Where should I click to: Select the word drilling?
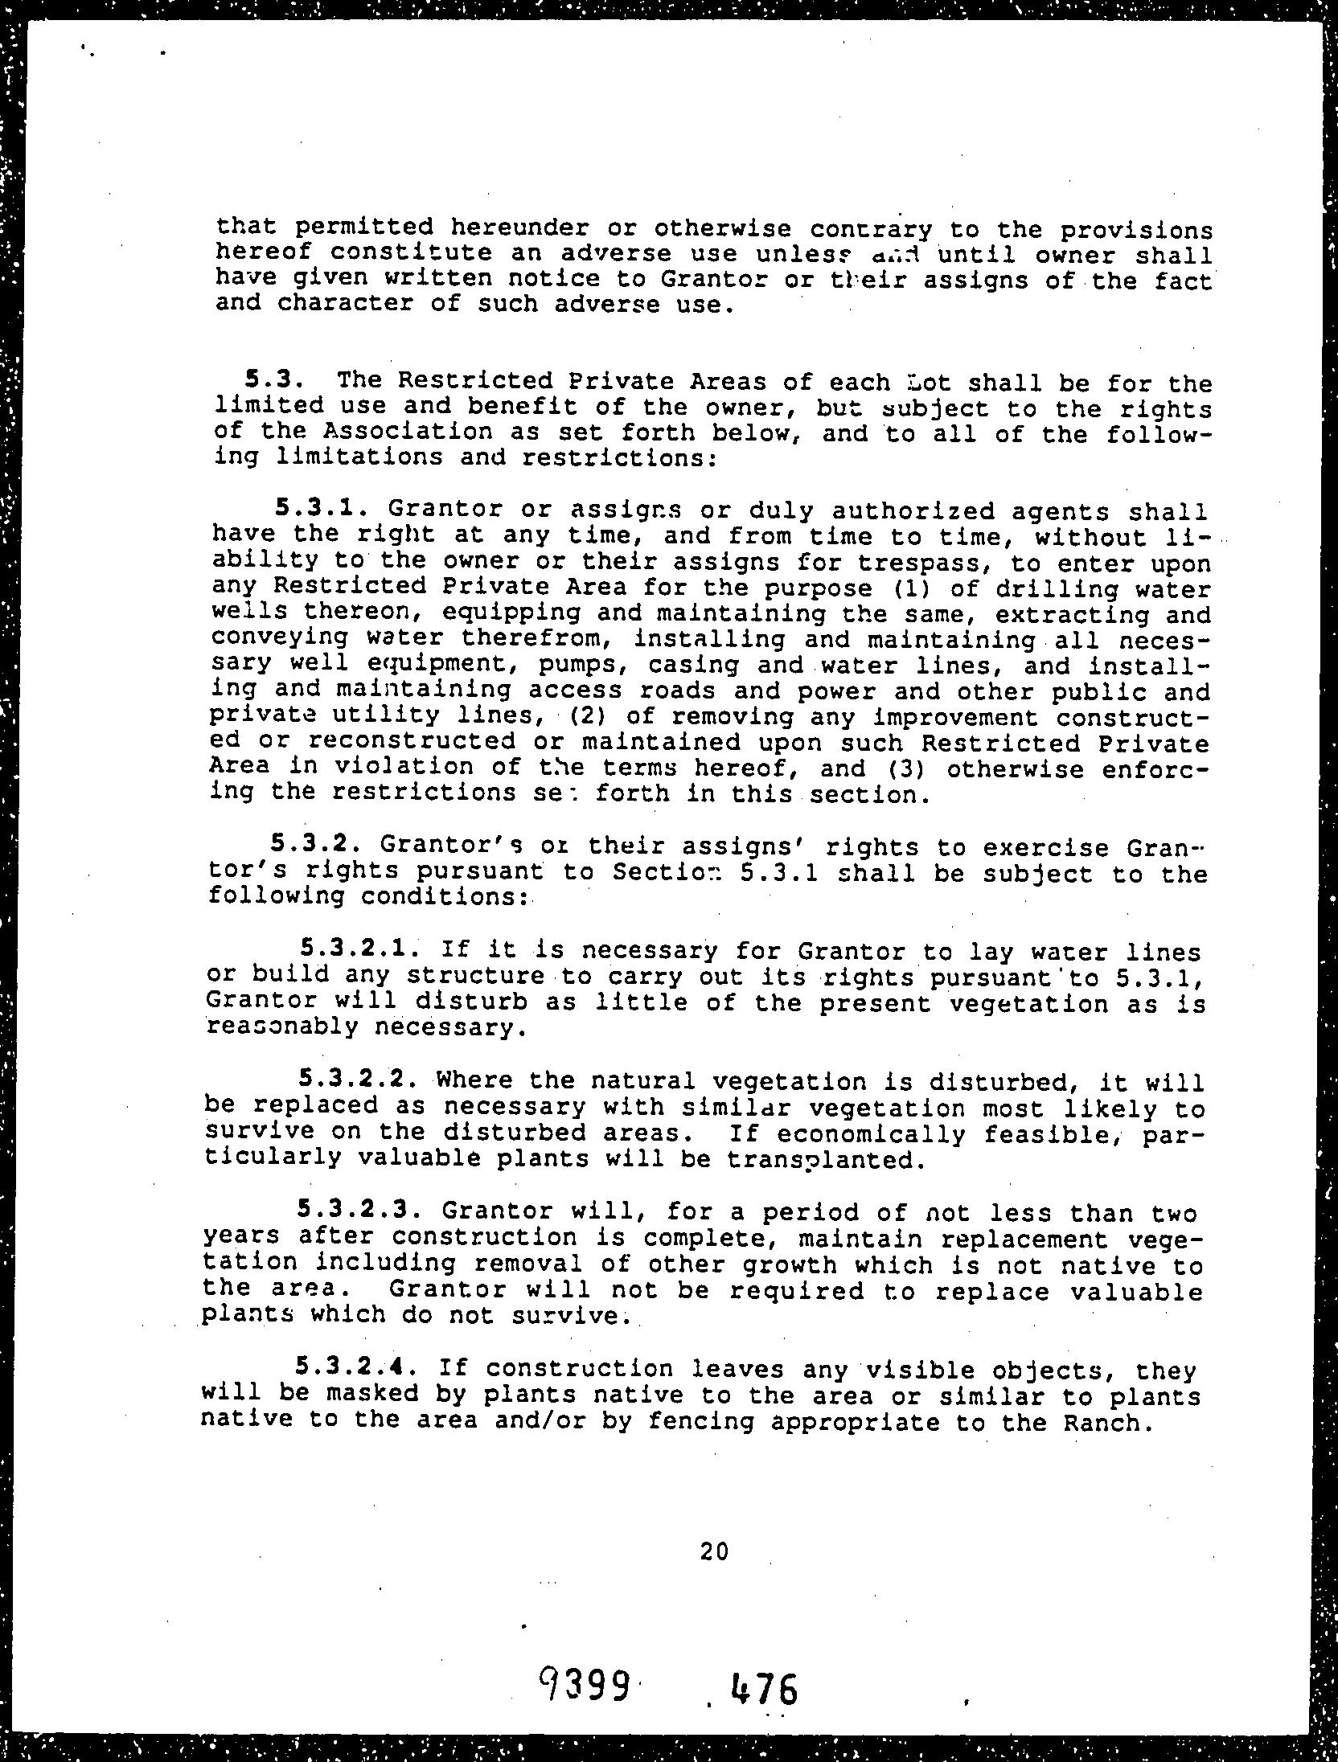point(1045,589)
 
